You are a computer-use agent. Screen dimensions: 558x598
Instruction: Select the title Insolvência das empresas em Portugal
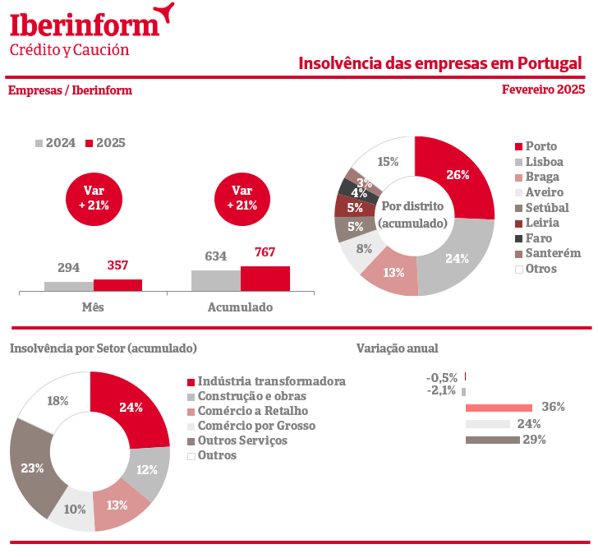pyautogui.click(x=439, y=63)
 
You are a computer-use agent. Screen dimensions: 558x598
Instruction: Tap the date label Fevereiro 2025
pyautogui.click(x=543, y=90)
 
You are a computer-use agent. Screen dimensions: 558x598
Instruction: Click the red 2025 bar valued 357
pyautogui.click(x=117, y=285)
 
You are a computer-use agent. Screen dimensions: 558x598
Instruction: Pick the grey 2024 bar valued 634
pyautogui.click(x=216, y=280)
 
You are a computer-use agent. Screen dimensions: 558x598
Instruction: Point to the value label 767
pyautogui.click(x=264, y=252)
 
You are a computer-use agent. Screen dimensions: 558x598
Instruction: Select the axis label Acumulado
pyautogui.click(x=240, y=307)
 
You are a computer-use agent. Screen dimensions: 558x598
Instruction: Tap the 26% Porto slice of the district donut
pyautogui.click(x=458, y=175)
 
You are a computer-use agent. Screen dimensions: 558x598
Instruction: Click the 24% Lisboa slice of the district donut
pyautogui.click(x=456, y=257)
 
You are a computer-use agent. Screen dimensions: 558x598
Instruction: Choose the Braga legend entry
pyautogui.click(x=541, y=177)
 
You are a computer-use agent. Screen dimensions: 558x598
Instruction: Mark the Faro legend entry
pyautogui.click(x=538, y=238)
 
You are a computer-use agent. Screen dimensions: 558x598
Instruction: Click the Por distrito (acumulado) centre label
pyautogui.click(x=414, y=214)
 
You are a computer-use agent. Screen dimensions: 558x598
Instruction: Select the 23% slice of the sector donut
pyautogui.click(x=33, y=468)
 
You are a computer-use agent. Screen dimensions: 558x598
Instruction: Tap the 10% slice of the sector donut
pyautogui.click(x=74, y=510)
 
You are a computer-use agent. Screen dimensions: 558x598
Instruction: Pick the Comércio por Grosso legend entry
pyautogui.click(x=256, y=426)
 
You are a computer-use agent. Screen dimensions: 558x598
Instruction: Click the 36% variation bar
pyautogui.click(x=499, y=408)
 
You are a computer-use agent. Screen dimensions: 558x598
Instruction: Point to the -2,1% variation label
pyautogui.click(x=441, y=390)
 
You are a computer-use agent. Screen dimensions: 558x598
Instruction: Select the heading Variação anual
pyautogui.click(x=398, y=348)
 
